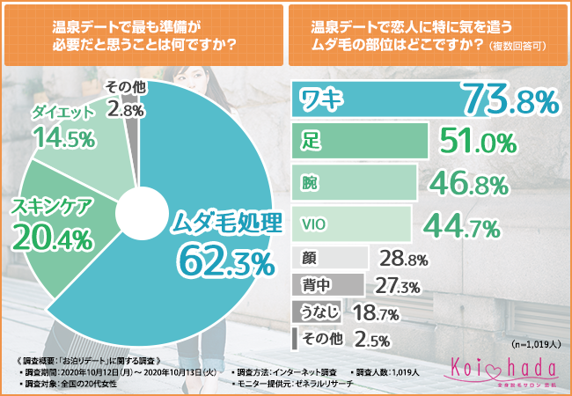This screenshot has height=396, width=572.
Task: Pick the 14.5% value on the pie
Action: tap(61, 139)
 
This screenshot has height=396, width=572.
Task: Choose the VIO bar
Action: tap(350, 224)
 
